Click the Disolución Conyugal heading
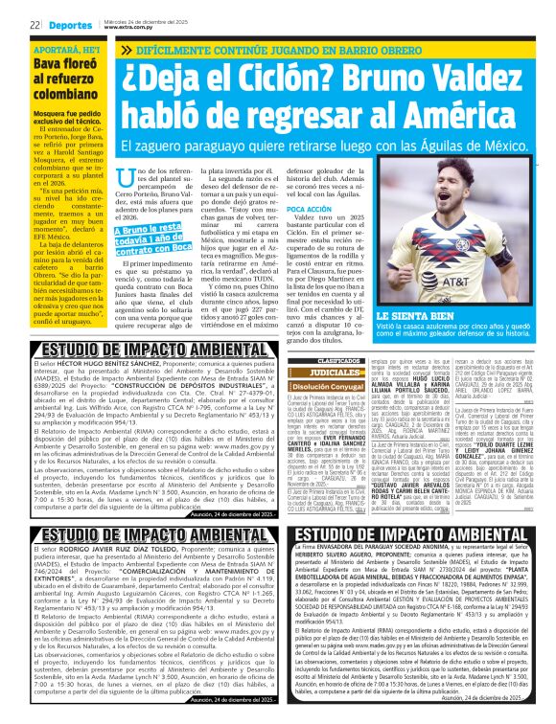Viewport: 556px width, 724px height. [315, 386]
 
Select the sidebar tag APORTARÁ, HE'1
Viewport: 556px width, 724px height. [46, 46]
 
